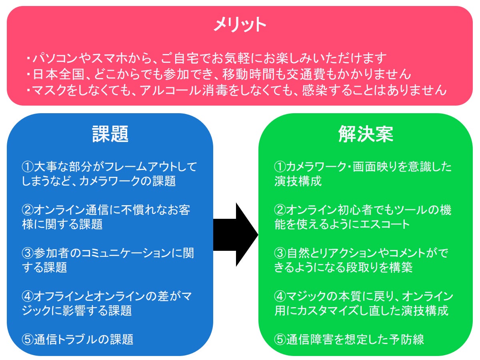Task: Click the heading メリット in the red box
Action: pos(240,25)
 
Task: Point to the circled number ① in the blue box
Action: pos(28,167)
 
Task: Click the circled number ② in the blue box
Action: pos(28,210)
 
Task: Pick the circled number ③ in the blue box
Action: pos(28,253)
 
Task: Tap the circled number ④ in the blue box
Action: pos(28,296)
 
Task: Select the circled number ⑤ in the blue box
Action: pos(28,340)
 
